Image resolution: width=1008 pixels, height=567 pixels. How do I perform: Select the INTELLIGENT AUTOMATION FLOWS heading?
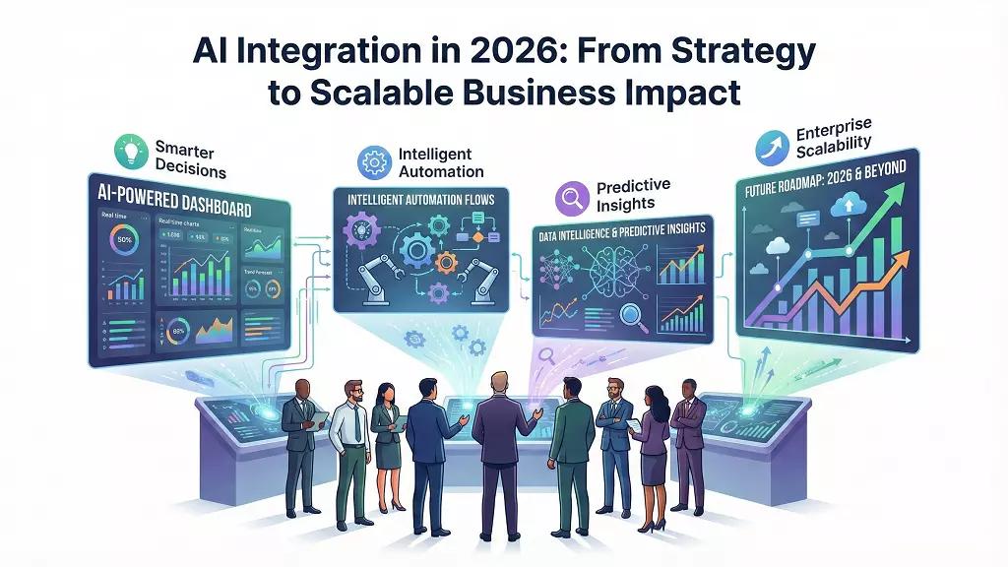[420, 200]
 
